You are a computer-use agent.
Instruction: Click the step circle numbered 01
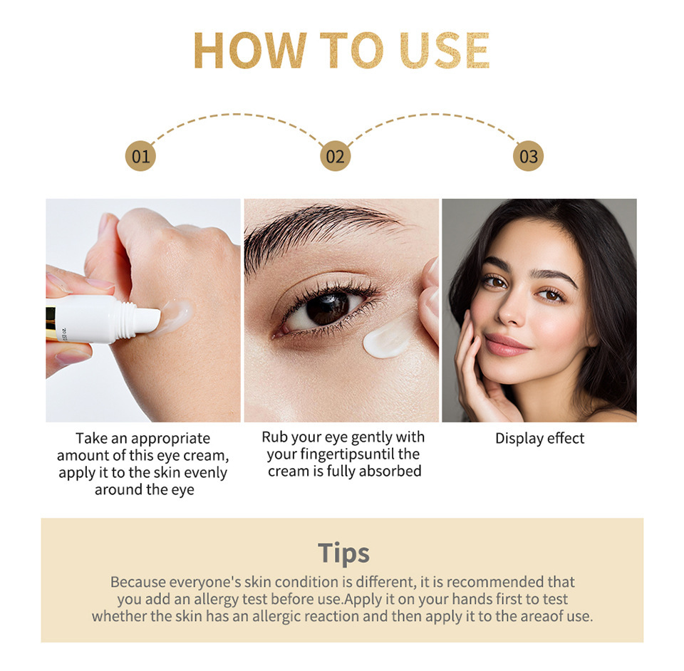coord(140,156)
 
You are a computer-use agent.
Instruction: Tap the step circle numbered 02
coord(335,156)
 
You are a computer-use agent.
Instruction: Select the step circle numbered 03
coord(528,156)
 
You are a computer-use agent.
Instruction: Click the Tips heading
coord(343,553)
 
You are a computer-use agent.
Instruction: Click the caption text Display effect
coord(539,438)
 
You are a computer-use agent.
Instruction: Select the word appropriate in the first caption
coord(170,439)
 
